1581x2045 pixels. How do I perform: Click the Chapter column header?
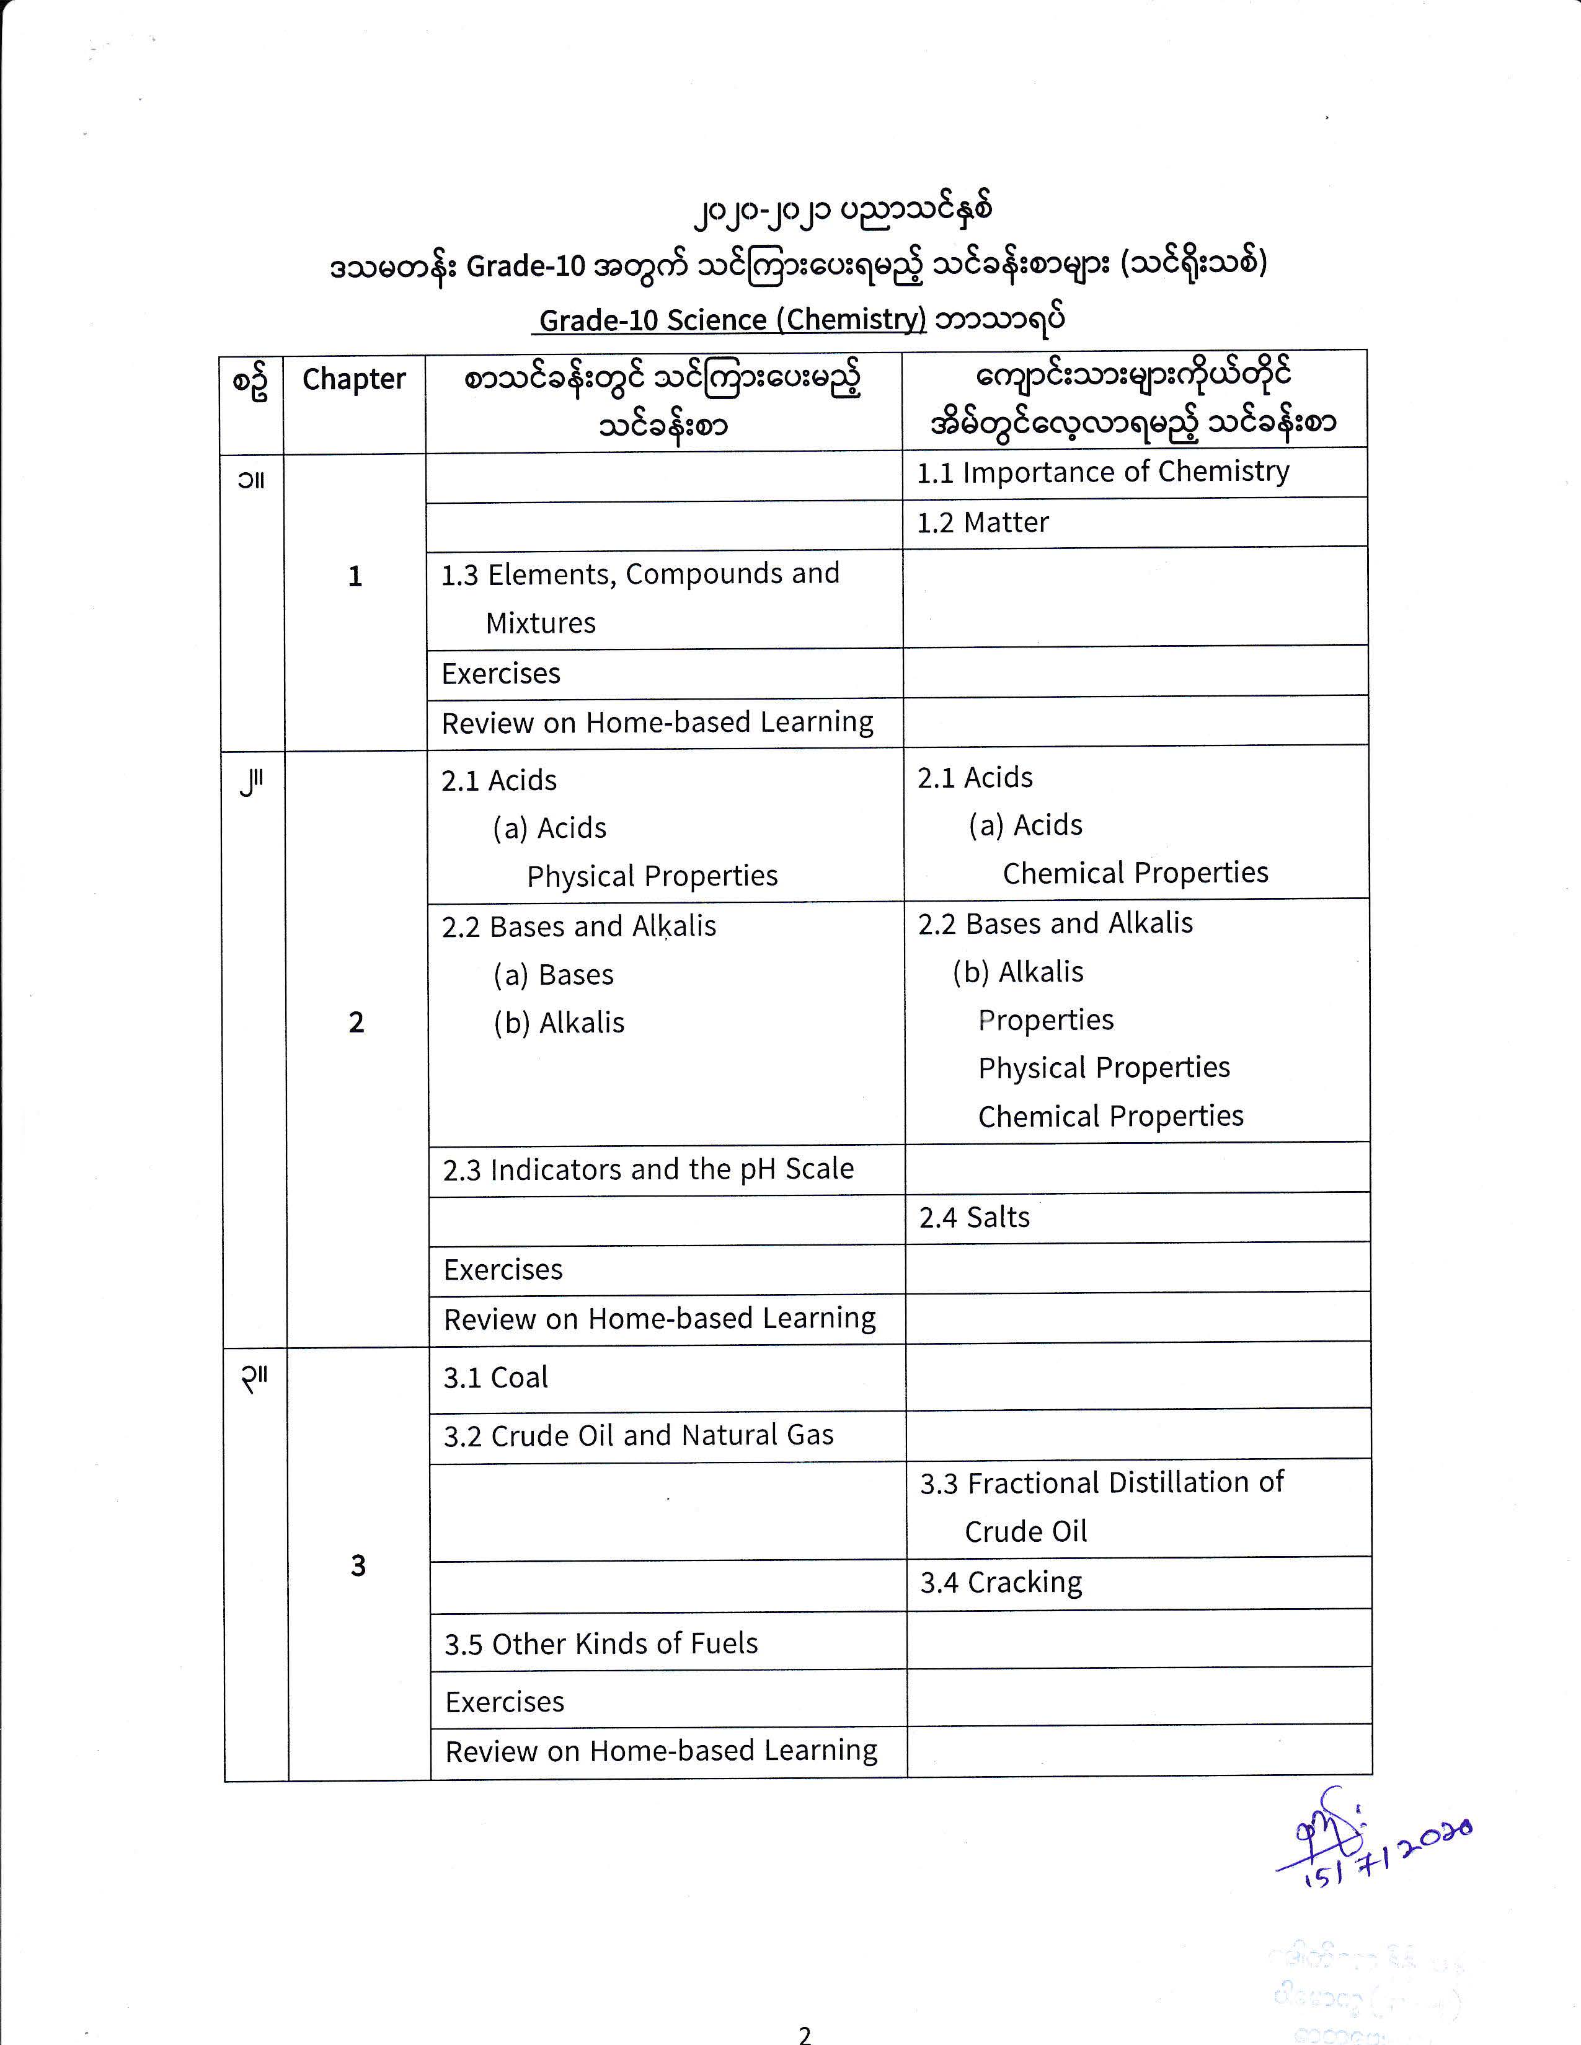point(353,379)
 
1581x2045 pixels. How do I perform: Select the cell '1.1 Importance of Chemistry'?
point(1102,472)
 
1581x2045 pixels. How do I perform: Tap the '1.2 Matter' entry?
point(983,522)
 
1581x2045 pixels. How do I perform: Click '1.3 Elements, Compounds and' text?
point(640,574)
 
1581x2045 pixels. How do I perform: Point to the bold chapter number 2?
point(356,1023)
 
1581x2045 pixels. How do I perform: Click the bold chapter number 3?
point(358,1565)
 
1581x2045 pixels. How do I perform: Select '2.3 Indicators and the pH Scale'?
point(648,1169)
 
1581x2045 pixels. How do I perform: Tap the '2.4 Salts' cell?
point(974,1217)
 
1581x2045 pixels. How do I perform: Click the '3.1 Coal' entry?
point(495,1378)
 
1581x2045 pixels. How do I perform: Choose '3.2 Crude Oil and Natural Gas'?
point(638,1435)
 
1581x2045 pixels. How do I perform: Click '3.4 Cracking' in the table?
point(1000,1583)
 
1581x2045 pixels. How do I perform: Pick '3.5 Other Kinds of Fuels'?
point(600,1643)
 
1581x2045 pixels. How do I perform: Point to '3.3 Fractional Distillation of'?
point(1102,1483)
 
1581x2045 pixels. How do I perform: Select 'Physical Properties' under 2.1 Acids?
point(652,876)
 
